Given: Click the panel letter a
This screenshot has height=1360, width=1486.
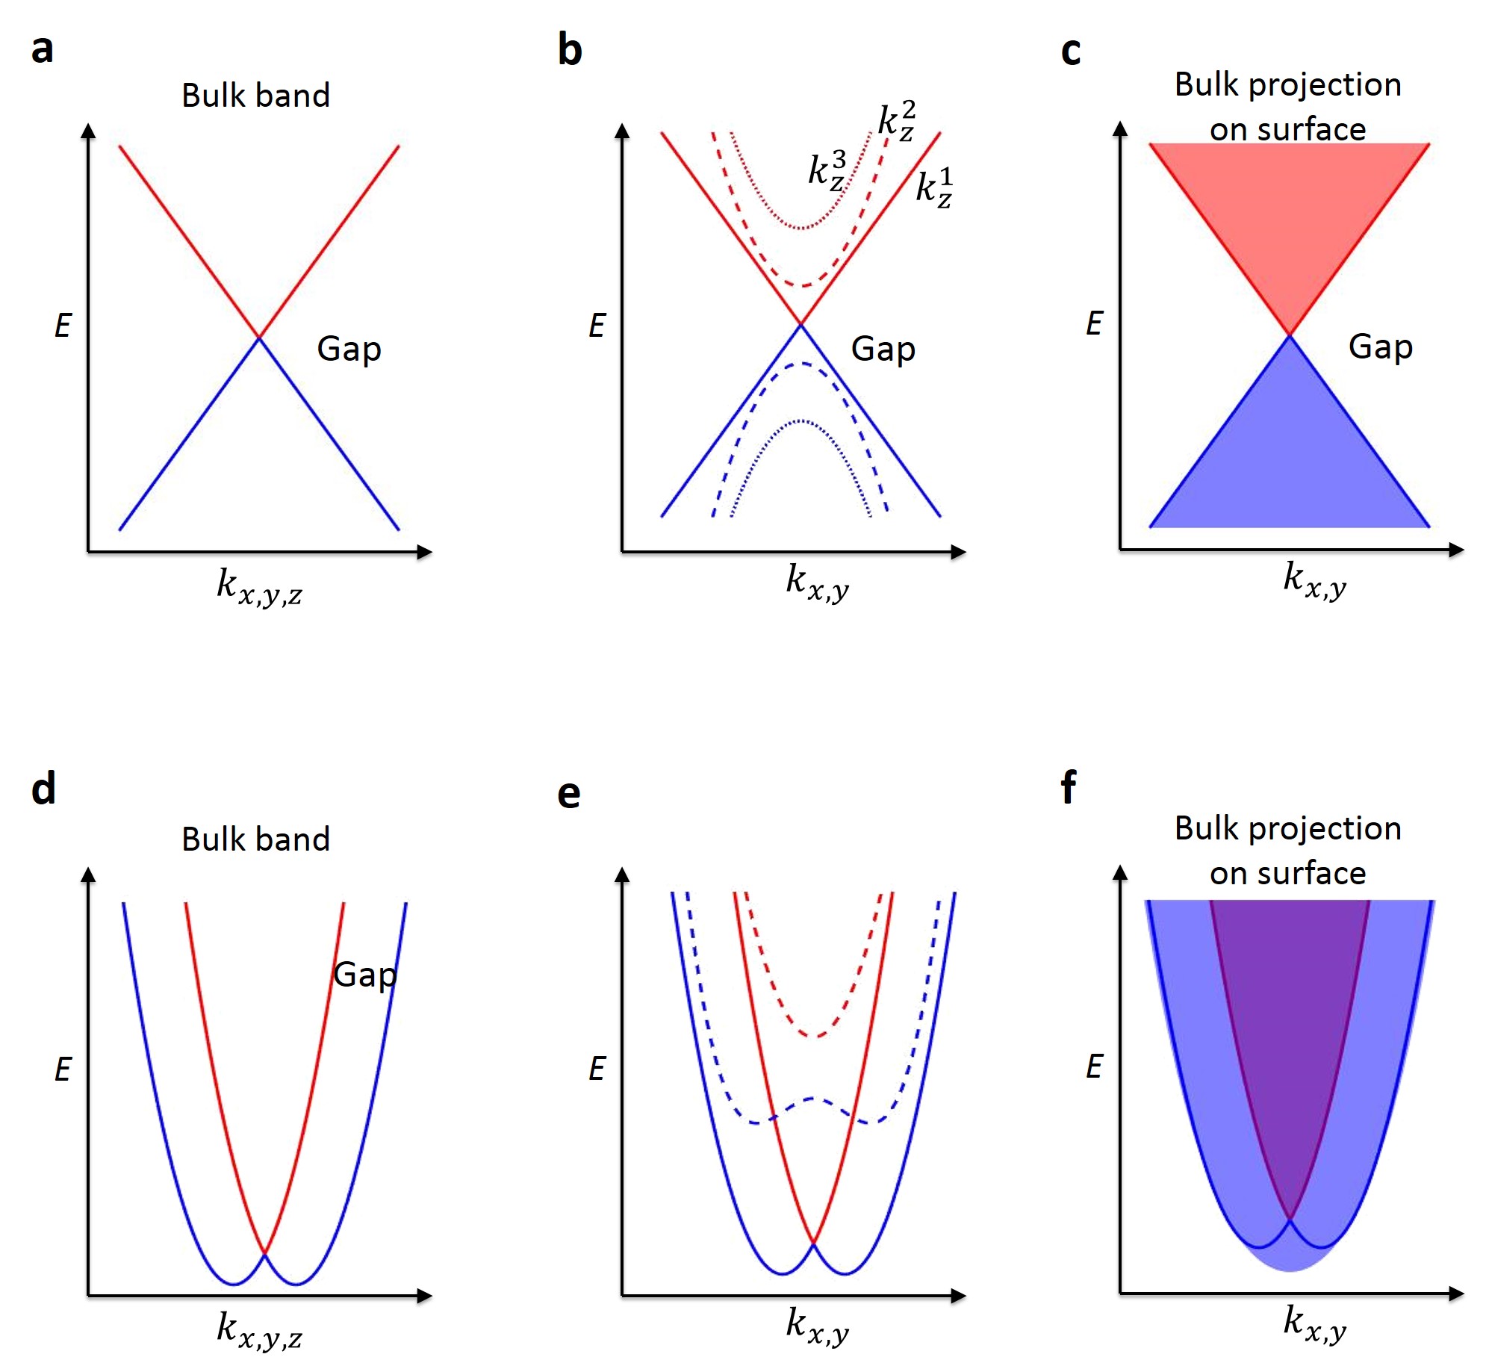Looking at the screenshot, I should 43,49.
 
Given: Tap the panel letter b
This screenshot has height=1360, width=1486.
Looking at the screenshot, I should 569,51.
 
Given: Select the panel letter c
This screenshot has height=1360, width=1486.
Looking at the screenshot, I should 1070,52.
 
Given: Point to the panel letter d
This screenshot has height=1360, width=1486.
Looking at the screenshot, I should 43,789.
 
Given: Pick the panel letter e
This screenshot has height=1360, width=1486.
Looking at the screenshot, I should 568,794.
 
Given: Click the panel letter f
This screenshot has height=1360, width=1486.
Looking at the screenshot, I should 1069,787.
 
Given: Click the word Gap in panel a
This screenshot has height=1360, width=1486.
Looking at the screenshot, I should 349,349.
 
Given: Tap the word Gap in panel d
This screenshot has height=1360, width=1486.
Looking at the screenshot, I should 364,975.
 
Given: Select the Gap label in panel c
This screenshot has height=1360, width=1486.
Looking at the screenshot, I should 1380,347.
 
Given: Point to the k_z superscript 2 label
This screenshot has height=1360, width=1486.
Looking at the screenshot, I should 896,120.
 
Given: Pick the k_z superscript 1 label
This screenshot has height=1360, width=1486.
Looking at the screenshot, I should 934,187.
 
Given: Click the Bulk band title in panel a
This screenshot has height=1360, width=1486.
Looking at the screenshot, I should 255,96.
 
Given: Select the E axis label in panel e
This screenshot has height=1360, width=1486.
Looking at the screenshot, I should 597,1069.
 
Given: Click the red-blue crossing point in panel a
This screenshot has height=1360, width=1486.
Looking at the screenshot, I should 259,338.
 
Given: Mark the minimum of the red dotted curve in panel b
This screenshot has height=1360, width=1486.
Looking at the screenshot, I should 801,228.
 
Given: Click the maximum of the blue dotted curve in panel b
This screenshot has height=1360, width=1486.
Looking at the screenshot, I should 800,421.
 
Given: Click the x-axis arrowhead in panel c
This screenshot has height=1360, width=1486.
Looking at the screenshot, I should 1456,550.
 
